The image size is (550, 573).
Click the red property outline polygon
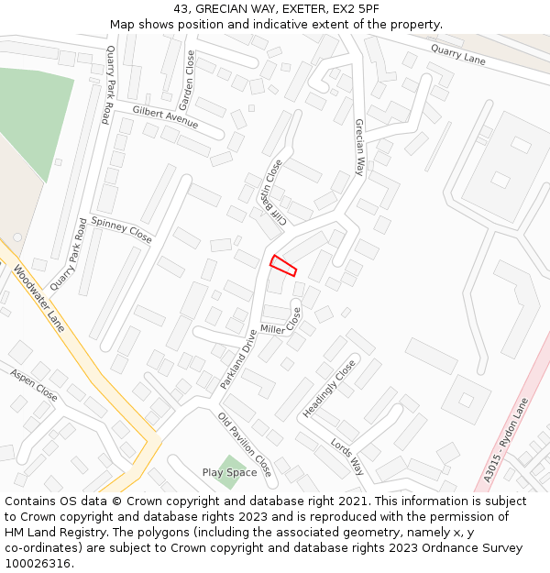[283, 265]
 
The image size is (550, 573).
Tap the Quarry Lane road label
[457, 56]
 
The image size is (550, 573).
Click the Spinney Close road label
[121, 229]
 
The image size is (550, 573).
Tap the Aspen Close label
[34, 385]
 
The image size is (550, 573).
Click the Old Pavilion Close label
[245, 445]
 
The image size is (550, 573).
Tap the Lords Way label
[347, 456]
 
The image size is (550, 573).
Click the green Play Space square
[229, 472]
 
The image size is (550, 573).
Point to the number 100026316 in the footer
[38, 563]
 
